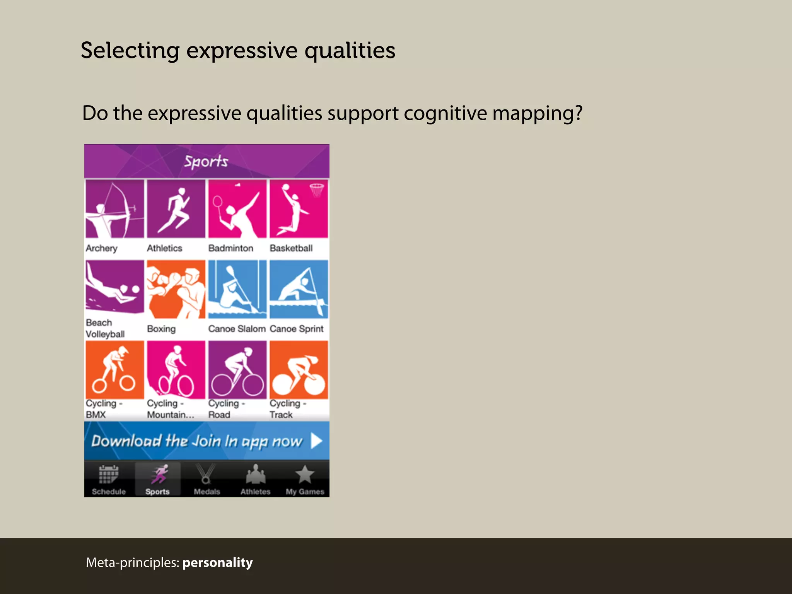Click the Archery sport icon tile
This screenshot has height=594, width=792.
[114, 209]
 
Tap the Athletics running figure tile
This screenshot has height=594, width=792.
[176, 209]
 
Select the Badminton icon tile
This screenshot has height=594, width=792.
[237, 209]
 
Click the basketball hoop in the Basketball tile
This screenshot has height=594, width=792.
[317, 189]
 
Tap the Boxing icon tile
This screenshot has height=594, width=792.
[176, 289]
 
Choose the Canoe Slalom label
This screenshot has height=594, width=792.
[237, 329]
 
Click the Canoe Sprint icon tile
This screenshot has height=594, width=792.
[299, 289]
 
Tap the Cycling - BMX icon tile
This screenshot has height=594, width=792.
[114, 370]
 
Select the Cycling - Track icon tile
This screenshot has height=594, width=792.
[299, 370]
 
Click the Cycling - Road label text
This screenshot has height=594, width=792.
[226, 409]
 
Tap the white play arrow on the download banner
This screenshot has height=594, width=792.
[316, 441]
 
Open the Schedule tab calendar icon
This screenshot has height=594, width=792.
[109, 475]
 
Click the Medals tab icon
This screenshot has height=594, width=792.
[206, 475]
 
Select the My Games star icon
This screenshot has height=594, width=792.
[305, 475]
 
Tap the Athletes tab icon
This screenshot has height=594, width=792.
[255, 475]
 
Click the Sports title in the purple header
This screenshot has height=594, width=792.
[206, 162]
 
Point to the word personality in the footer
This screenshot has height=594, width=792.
[217, 563]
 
